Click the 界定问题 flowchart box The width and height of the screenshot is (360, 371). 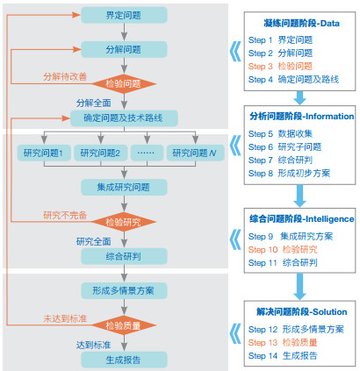click(x=124, y=15)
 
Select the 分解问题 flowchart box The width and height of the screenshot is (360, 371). click(x=124, y=49)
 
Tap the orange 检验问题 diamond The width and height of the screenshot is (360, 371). click(x=124, y=84)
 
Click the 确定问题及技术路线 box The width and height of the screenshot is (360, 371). click(x=124, y=118)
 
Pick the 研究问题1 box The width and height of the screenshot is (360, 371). click(x=44, y=153)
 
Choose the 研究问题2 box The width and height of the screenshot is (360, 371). click(x=100, y=153)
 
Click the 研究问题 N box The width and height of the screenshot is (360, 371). click(x=196, y=153)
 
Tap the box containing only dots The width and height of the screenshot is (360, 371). click(x=147, y=153)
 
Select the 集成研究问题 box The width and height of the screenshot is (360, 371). click(x=124, y=187)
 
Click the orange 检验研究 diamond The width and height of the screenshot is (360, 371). click(x=124, y=222)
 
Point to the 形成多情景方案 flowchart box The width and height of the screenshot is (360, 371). click(x=124, y=290)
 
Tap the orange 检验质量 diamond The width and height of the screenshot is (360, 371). click(x=124, y=325)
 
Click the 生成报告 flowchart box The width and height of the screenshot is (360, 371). click(x=124, y=360)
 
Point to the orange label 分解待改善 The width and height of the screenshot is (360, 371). click(x=65, y=77)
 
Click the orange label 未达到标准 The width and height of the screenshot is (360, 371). click(x=65, y=318)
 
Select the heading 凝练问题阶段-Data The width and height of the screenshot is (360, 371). click(x=301, y=24)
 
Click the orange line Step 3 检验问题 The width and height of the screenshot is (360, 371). click(x=280, y=67)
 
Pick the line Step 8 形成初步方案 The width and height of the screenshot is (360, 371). click(x=289, y=174)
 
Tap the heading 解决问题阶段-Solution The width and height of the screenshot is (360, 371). click(x=301, y=311)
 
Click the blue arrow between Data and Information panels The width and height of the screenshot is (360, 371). click(x=299, y=98)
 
